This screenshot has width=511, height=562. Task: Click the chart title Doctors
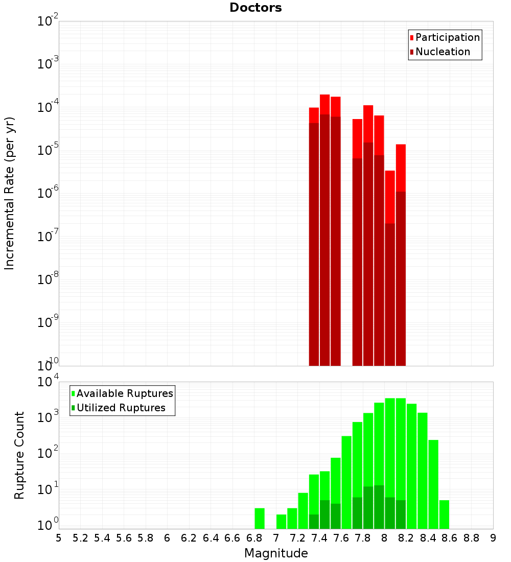click(255, 8)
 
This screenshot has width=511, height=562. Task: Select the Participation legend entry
click(447, 37)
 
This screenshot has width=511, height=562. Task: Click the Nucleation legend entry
click(442, 52)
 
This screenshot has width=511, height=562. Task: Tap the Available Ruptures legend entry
click(124, 393)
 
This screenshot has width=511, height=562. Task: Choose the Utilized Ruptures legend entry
click(121, 408)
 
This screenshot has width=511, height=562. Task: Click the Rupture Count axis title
click(19, 455)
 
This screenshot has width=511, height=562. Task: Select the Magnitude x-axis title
click(276, 553)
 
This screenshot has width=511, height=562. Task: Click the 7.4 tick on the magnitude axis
click(319, 537)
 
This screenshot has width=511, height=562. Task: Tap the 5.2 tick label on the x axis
click(81, 537)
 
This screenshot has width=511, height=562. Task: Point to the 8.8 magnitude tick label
click(471, 537)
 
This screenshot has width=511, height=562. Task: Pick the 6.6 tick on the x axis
click(233, 537)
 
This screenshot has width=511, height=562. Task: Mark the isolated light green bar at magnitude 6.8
click(260, 518)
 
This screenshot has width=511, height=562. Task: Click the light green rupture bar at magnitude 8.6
click(444, 514)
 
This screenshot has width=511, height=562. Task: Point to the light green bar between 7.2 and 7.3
click(303, 510)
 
